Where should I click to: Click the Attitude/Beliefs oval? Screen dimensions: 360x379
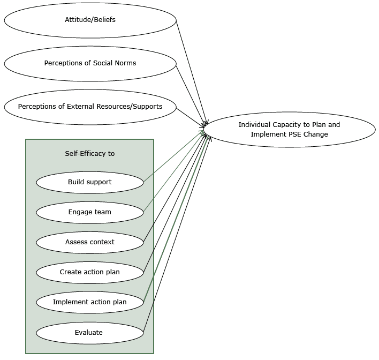90,20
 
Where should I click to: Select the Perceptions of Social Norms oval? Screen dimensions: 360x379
90,63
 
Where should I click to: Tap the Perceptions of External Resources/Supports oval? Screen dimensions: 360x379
90,106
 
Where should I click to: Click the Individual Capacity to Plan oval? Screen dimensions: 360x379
289,130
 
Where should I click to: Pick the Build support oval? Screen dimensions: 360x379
90,182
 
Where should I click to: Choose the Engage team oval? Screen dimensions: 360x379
90,212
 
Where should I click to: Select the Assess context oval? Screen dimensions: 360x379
90,242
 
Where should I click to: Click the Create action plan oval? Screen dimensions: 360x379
90,272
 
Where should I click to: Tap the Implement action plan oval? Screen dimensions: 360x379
90,302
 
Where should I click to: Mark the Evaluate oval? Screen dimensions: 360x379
90,333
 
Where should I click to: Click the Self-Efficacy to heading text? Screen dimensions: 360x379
90,153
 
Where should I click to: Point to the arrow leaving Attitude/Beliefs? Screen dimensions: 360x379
190,70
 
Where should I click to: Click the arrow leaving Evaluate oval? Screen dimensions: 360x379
177,236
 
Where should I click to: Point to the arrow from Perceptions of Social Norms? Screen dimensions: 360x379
191,93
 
